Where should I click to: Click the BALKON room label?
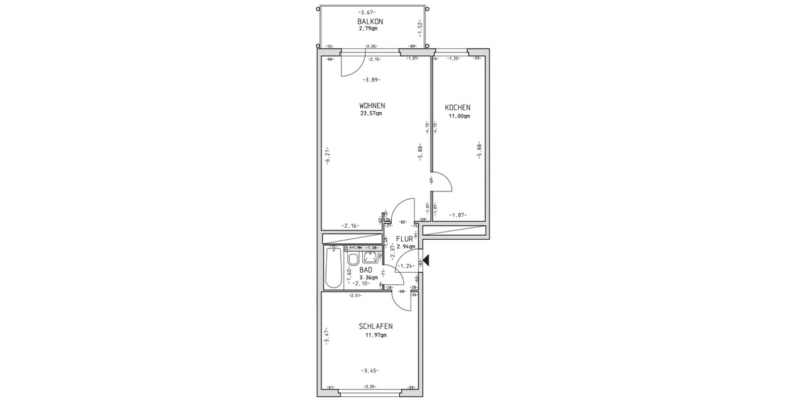coord(370,21)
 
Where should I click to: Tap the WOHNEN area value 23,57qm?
coord(370,114)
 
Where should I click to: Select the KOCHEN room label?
coord(458,107)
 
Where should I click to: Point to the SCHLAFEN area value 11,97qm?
coord(375,335)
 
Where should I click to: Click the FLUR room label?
coord(405,238)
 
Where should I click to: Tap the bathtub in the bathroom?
coord(333,269)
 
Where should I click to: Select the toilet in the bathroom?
coord(353,259)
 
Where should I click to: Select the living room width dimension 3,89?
coord(371,80)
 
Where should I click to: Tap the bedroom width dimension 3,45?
coord(370,370)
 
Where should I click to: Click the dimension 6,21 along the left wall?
coord(326,154)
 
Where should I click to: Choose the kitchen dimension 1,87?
coord(458,215)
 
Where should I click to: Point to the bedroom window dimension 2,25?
coord(370,387)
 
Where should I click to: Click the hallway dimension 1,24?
coord(405,266)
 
